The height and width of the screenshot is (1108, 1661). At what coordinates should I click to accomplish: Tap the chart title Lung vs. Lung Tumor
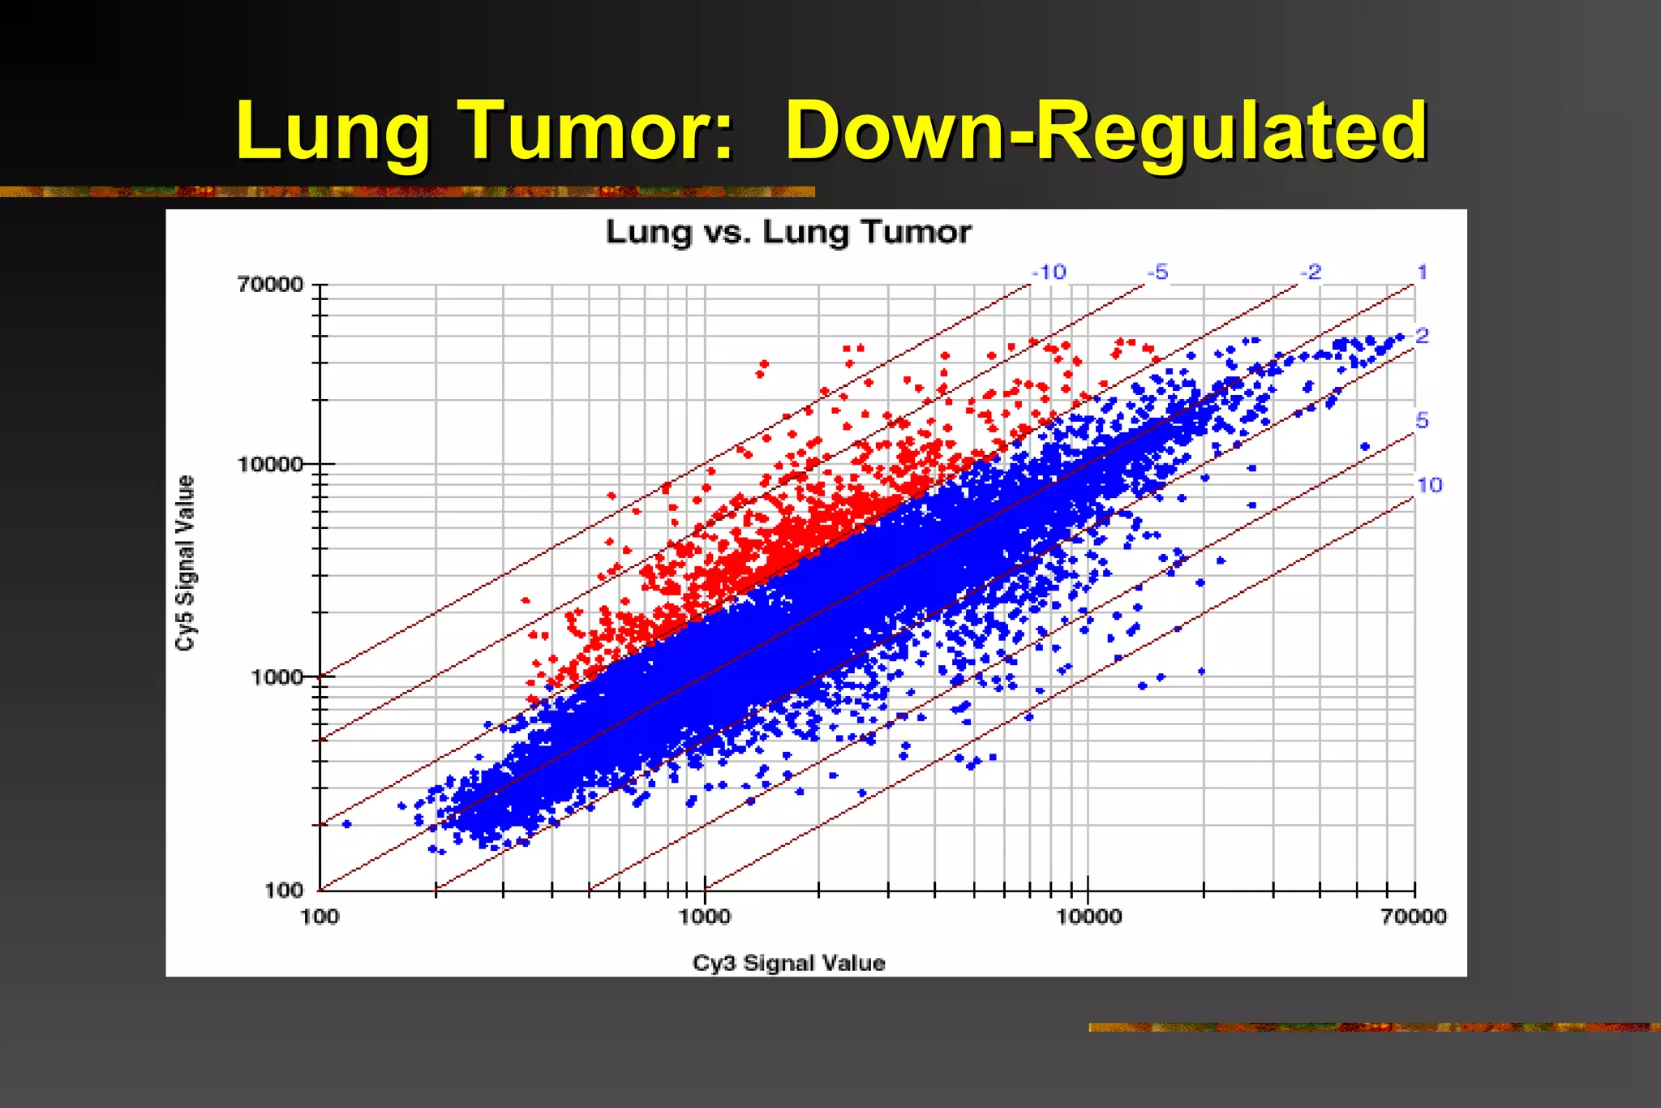788,233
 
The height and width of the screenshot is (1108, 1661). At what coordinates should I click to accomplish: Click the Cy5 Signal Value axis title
186,562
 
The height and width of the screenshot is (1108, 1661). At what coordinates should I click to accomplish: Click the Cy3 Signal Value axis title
788,963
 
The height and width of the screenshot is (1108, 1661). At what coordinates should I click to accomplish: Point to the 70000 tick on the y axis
270,285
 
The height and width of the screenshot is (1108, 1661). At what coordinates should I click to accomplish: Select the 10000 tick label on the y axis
270,465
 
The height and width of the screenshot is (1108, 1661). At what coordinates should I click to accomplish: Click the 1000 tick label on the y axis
276,676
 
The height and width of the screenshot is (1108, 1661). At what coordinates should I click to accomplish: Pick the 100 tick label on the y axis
284,891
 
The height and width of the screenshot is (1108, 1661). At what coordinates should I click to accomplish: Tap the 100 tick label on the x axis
320,917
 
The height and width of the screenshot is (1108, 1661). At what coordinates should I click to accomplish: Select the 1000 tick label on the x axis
704,917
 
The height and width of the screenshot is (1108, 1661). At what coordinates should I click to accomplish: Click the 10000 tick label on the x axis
1088,917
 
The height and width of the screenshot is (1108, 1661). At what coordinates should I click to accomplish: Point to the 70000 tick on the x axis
1414,917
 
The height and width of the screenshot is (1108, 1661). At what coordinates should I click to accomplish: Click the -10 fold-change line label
1049,273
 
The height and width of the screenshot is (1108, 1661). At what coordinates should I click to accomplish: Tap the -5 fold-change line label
1158,273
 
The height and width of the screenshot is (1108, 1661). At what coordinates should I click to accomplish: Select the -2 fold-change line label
1311,273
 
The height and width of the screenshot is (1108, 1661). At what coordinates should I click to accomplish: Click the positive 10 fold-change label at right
1429,485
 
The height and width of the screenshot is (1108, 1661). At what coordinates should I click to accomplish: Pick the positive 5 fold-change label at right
1422,420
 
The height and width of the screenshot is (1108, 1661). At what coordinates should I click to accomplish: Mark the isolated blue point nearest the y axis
347,824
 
